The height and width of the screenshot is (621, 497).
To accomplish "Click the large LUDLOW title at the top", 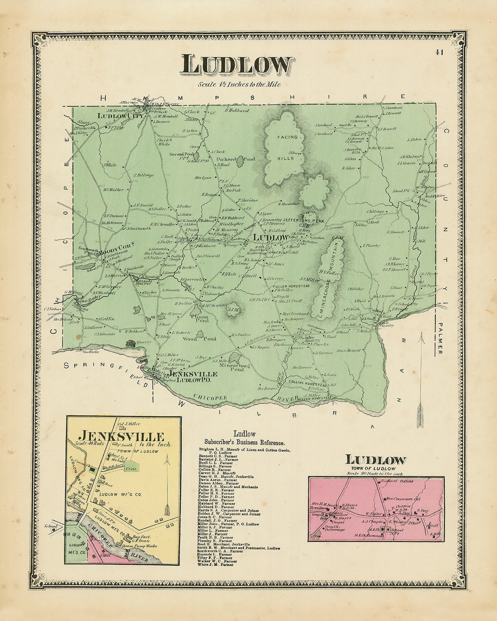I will pos(237,65).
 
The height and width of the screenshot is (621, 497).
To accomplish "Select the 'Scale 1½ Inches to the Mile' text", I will pos(239,84).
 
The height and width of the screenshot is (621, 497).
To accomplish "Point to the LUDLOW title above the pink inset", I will pos(376,460).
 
